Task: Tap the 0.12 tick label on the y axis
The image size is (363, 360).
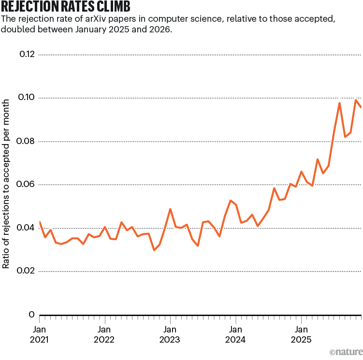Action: tap(27, 54)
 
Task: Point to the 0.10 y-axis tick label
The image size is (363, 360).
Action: tap(27, 98)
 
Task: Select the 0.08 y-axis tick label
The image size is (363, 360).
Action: tap(27, 141)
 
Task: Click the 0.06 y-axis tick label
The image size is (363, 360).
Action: tap(27, 185)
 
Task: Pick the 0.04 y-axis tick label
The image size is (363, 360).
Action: tap(27, 228)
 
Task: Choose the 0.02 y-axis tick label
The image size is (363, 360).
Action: tap(27, 271)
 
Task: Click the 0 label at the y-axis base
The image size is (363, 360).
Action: tap(32, 315)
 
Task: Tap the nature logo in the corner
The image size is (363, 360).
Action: tap(345, 352)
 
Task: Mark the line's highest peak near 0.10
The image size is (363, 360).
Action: tap(356, 100)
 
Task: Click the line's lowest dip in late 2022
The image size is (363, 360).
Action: tap(154, 250)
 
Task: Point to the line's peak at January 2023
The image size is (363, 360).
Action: tap(170, 209)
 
